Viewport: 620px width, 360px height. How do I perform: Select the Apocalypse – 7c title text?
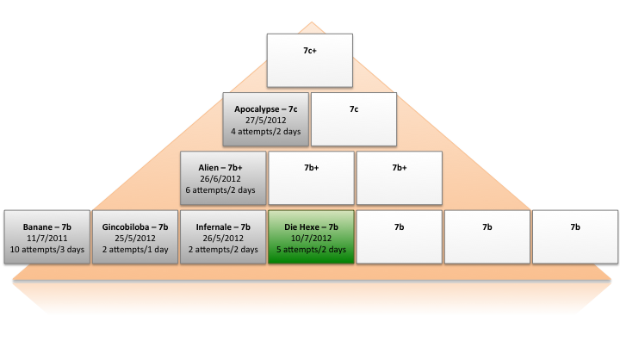point(265,109)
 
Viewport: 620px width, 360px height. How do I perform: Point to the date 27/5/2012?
point(265,121)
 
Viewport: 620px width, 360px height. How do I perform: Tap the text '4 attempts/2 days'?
point(265,132)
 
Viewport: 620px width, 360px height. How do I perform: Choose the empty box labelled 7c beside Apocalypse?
point(353,119)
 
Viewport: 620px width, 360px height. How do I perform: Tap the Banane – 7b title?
point(46,227)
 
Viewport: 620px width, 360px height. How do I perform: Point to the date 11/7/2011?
point(46,239)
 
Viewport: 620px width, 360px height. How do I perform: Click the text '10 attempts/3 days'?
point(46,250)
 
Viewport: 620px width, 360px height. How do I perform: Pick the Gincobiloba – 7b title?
point(134,227)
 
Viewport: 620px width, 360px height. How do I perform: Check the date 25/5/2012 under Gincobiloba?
point(134,239)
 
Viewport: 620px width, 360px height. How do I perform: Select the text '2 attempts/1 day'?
point(134,250)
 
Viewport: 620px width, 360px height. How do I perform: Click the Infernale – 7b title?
point(222,227)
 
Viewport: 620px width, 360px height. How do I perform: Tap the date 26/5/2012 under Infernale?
point(222,239)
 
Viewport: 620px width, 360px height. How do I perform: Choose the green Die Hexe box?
point(310,237)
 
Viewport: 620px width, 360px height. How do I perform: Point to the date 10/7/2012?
point(310,239)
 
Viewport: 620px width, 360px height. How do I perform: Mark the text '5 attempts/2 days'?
point(310,250)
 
